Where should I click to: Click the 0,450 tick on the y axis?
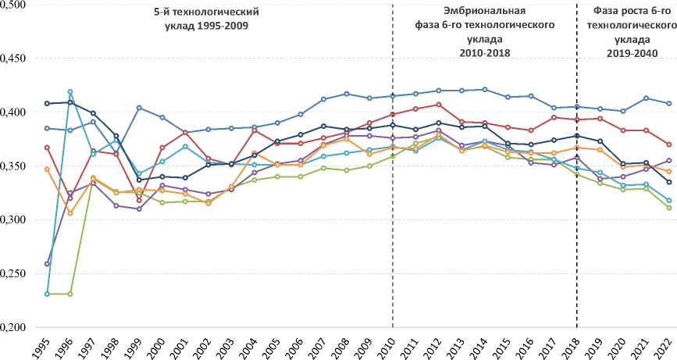click(14, 59)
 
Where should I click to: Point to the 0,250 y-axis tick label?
click(14, 274)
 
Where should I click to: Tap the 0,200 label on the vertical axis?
click(14, 328)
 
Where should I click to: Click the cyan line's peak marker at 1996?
click(70, 92)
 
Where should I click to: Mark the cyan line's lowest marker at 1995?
click(48, 294)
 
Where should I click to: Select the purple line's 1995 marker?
click(48, 264)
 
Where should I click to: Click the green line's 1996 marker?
click(70, 294)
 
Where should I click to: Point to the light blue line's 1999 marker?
click(139, 108)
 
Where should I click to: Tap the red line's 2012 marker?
click(439, 105)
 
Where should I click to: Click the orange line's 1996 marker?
click(70, 213)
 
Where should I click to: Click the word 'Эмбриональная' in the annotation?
click(484, 12)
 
